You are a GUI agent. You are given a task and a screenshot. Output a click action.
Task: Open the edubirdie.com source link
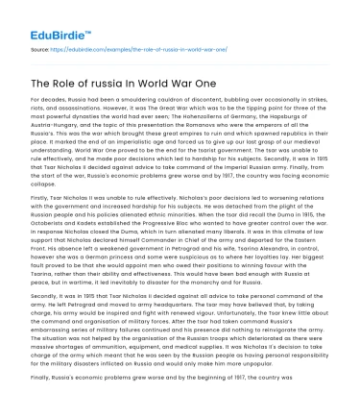144,46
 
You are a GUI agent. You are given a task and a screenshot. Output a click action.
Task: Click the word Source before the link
41,46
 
